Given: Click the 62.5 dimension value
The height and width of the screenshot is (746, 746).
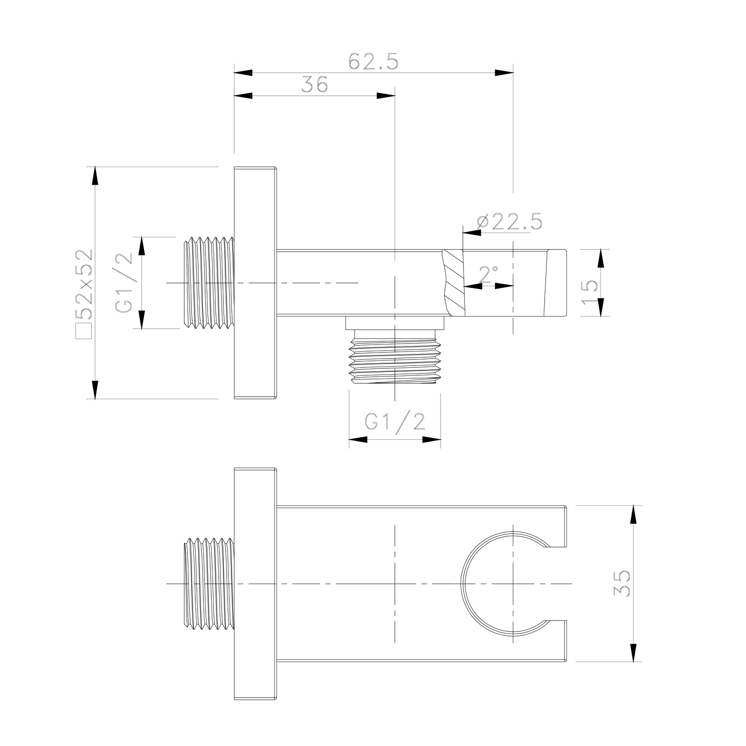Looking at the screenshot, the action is click(x=373, y=62).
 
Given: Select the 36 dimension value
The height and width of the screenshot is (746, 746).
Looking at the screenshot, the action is click(x=315, y=85).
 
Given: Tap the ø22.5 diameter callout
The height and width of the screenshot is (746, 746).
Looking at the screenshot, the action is click(x=510, y=221).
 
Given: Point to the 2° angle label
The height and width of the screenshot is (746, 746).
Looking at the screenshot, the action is click(x=488, y=275).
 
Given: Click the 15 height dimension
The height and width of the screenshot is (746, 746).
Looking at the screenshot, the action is click(x=590, y=292).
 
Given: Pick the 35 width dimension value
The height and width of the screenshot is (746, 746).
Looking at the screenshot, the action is click(x=622, y=583).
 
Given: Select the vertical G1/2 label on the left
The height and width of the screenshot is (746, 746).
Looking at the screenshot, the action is click(x=124, y=283).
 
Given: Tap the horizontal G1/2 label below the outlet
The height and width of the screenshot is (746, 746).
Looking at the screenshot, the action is click(x=395, y=422).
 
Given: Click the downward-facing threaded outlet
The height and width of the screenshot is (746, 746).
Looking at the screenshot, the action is click(x=394, y=357).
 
